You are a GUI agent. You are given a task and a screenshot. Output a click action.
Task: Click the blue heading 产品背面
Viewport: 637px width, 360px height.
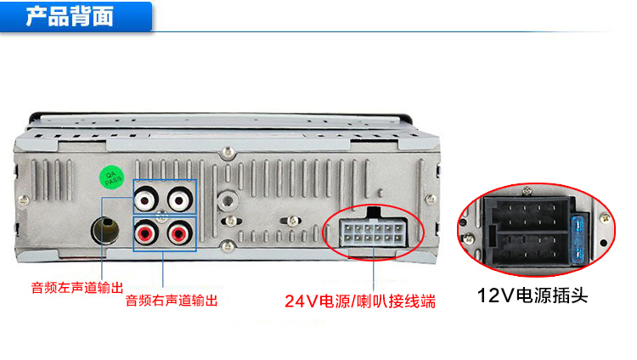[70, 17]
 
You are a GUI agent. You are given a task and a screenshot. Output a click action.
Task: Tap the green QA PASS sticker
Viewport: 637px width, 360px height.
[112, 177]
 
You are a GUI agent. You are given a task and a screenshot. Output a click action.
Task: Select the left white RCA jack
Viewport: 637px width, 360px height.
[146, 199]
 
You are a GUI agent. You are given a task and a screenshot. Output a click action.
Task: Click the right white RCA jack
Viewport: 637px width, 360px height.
[178, 199]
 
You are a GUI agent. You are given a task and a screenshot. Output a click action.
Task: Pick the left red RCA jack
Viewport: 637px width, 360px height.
[146, 233]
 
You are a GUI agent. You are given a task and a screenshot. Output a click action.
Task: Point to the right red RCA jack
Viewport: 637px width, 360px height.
[178, 233]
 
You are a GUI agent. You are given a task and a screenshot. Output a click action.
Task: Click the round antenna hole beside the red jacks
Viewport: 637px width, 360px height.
[105, 230]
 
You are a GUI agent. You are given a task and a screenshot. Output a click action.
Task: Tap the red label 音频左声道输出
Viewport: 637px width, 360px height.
[77, 288]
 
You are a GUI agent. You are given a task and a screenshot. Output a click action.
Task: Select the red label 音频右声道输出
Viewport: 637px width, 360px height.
[172, 301]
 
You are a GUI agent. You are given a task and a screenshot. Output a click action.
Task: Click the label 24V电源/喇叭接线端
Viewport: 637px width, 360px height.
[360, 301]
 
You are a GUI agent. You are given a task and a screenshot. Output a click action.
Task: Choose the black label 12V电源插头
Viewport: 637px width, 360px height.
[533, 295]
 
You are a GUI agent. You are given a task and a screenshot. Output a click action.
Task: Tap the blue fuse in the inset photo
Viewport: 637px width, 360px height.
[578, 239]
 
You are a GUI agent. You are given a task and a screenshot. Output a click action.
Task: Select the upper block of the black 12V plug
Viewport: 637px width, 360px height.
[528, 215]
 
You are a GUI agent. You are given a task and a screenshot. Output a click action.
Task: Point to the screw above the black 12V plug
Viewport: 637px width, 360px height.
[527, 190]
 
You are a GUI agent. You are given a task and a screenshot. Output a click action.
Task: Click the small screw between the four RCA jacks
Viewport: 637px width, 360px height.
[162, 216]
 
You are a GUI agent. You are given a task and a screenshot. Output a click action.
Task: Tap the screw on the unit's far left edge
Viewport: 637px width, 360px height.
[24, 200]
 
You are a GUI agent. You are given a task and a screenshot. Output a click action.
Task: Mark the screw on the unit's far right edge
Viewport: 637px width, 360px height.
[431, 199]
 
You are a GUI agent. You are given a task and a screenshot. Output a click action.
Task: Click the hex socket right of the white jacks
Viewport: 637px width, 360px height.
[227, 200]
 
